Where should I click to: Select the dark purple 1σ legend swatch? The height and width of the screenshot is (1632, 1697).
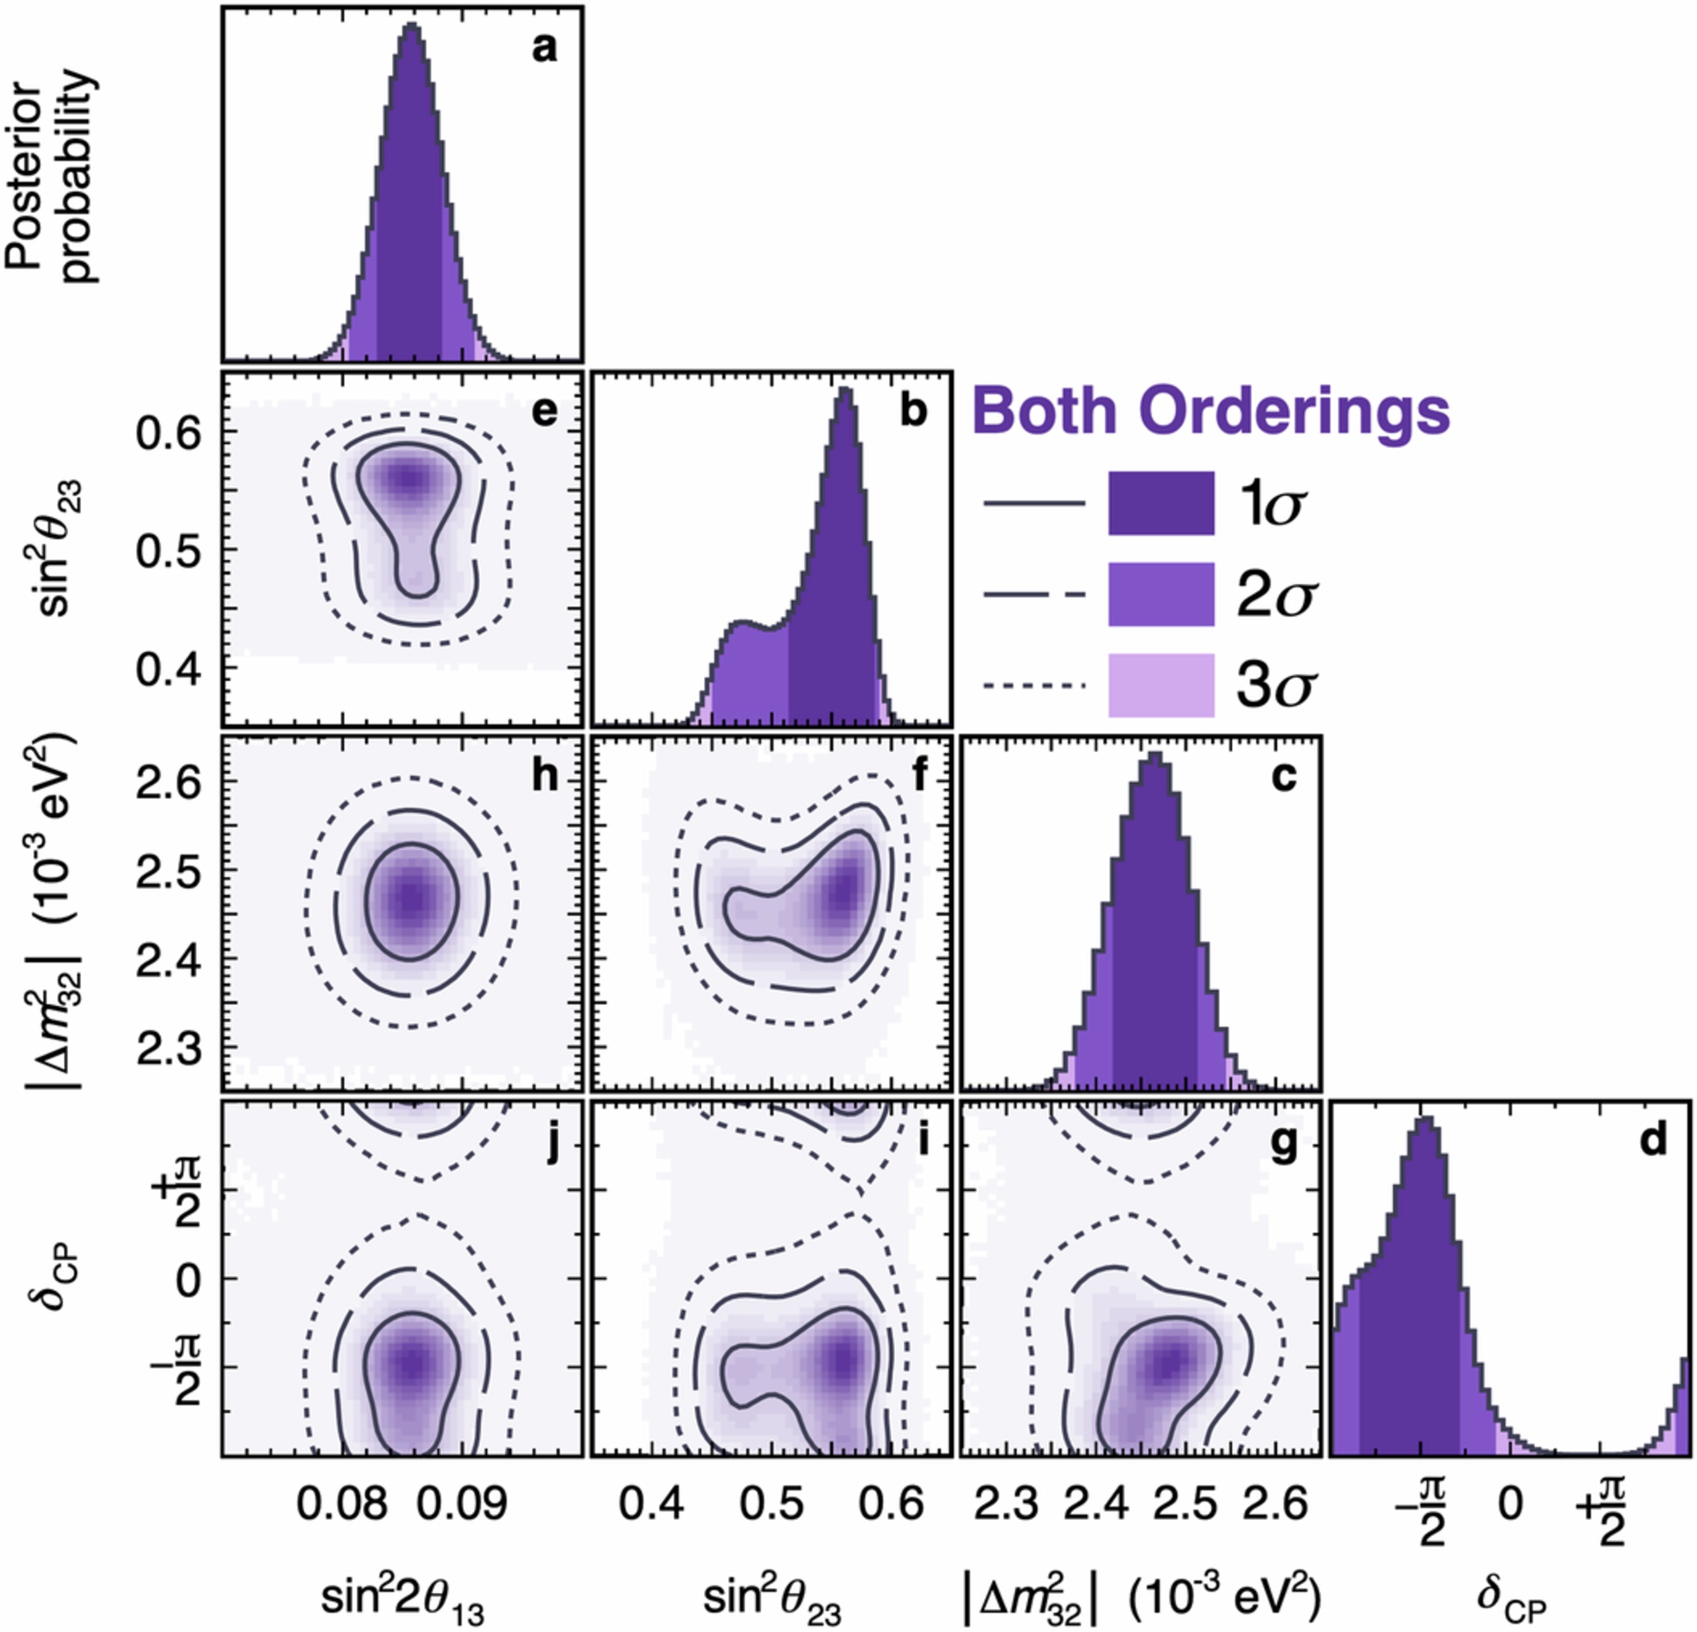click(x=1161, y=503)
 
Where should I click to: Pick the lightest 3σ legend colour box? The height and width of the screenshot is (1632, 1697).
click(x=1161, y=684)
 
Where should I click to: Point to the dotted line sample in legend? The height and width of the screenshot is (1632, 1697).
click(x=1034, y=686)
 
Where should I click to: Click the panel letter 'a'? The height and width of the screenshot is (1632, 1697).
click(x=545, y=49)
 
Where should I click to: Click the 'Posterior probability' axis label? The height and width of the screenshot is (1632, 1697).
click(x=52, y=182)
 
